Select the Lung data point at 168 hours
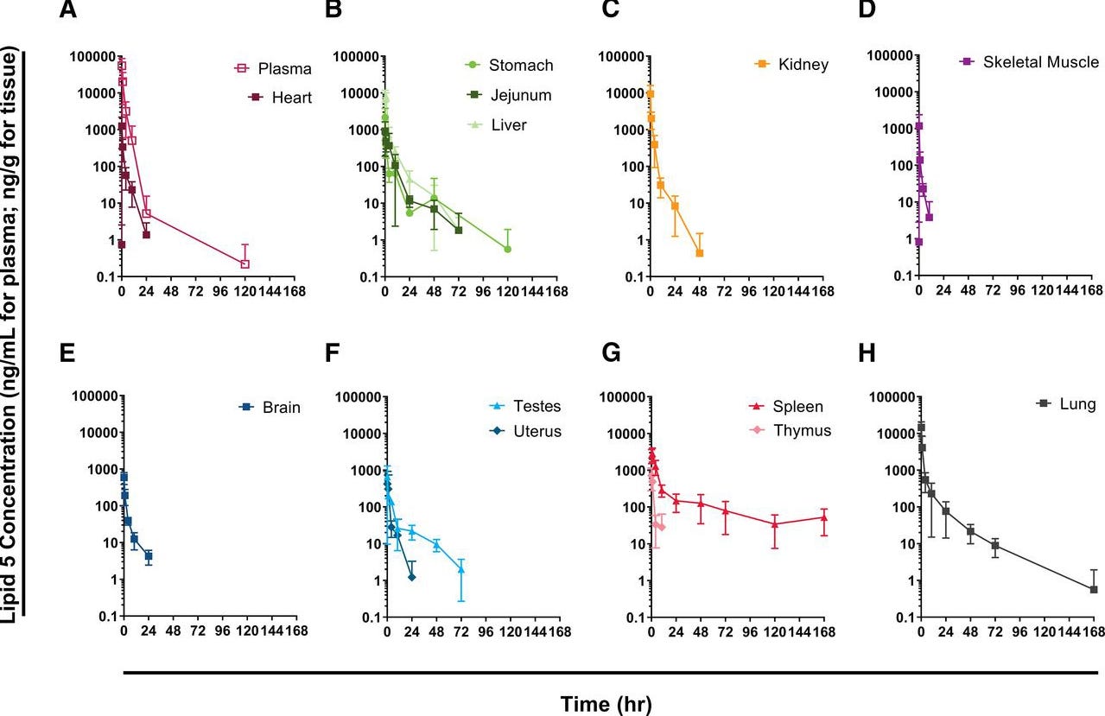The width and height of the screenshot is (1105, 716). pos(1094,589)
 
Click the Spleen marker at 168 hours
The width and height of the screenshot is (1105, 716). pos(824,518)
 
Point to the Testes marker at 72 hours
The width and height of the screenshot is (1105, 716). pos(461,569)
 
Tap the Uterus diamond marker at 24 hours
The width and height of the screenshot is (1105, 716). pos(411,577)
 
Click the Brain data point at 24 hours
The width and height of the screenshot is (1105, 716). pos(149,556)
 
